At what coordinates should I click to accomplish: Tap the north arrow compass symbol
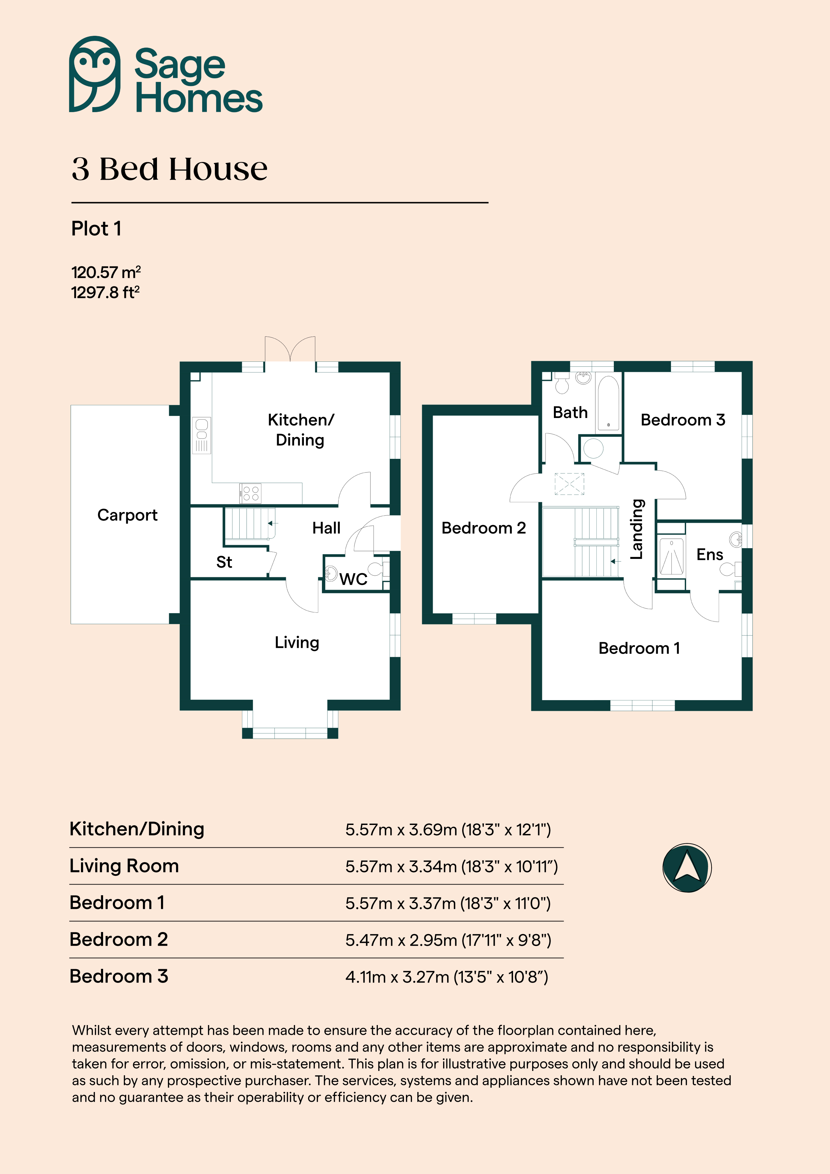[687, 868]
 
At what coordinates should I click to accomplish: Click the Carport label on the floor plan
[127, 515]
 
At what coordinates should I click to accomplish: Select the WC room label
[353, 579]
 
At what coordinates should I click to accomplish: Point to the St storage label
[224, 562]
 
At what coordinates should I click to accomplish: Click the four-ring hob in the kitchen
[251, 493]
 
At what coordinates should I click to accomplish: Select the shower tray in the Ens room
[671, 556]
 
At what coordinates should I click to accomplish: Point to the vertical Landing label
[636, 529]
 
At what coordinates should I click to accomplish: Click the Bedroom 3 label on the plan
[683, 420]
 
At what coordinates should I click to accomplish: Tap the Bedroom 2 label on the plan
[484, 528]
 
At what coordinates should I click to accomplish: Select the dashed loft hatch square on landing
[569, 484]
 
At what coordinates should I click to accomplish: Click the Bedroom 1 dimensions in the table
[448, 904]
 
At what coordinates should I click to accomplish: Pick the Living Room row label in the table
[124, 866]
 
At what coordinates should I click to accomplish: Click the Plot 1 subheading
[96, 229]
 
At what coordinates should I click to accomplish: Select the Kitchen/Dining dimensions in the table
[448, 829]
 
